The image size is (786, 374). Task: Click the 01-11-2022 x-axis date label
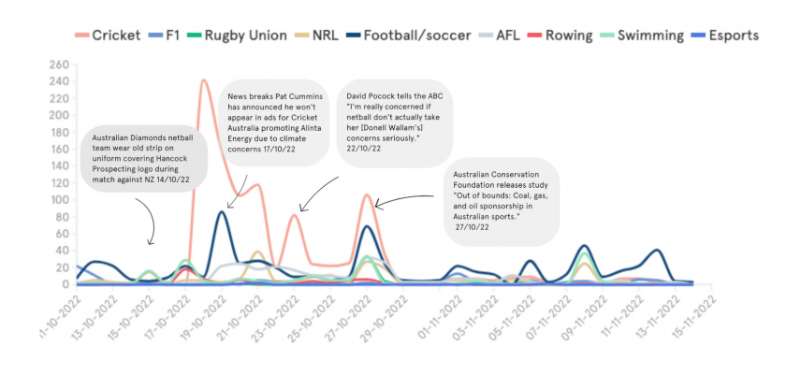point(441,314)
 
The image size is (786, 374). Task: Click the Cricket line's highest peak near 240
point(204,81)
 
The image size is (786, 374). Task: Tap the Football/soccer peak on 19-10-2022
point(221,212)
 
